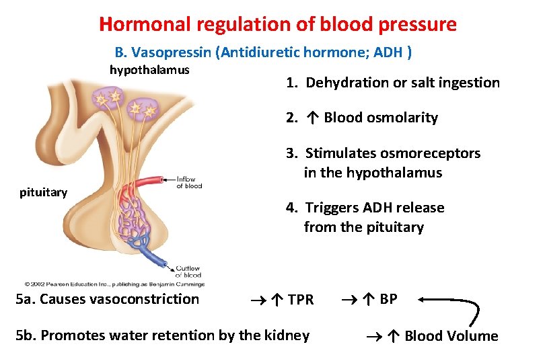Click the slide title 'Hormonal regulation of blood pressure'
pos(277,25)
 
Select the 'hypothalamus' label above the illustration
pos(149,70)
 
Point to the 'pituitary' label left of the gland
pos(44,193)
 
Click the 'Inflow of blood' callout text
pos(189,182)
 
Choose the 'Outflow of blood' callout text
pos(188,272)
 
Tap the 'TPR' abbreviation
pos(299,300)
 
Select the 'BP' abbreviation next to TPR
pos(388,299)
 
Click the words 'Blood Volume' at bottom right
pos(451,336)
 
